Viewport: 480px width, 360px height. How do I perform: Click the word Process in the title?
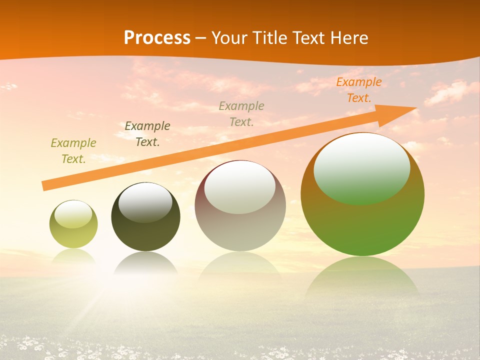(x=157, y=38)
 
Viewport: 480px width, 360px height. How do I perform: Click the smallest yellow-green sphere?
(x=73, y=235)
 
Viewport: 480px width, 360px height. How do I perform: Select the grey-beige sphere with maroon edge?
(x=240, y=225)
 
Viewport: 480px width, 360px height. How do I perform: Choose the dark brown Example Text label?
(x=147, y=134)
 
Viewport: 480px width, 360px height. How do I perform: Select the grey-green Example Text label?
(x=241, y=113)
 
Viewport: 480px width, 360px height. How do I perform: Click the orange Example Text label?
(x=358, y=90)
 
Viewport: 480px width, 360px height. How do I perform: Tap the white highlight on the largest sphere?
(x=362, y=167)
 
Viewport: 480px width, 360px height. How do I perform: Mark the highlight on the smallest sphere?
(x=73, y=214)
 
